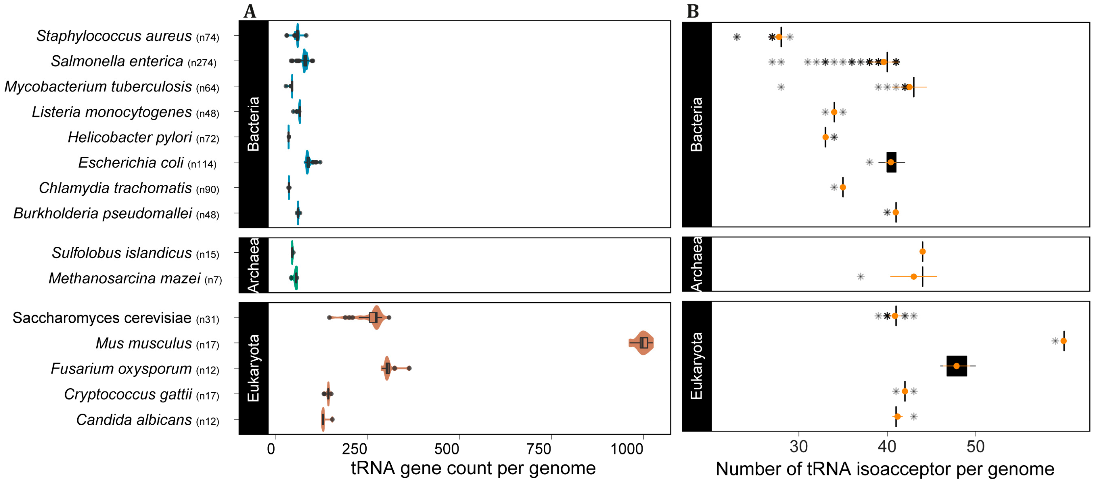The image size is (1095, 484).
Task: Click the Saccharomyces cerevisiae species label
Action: tap(102, 318)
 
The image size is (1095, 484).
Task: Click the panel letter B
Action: tap(693, 11)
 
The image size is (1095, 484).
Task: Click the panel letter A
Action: tap(250, 11)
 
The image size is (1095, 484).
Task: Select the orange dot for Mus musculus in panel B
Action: tap(1063, 341)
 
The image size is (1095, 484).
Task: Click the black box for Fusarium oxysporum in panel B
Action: tap(957, 366)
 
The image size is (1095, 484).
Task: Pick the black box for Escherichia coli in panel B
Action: tap(892, 162)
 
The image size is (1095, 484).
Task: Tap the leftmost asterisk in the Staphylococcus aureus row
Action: tap(737, 37)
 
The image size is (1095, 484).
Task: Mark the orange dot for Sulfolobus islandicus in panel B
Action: tap(922, 252)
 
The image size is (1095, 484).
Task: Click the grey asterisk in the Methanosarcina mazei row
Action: tap(860, 277)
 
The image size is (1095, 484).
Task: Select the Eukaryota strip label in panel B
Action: tap(696, 366)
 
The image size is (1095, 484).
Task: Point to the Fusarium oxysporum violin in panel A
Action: tap(387, 368)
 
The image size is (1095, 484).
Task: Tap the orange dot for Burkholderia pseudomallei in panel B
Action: tap(896, 212)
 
